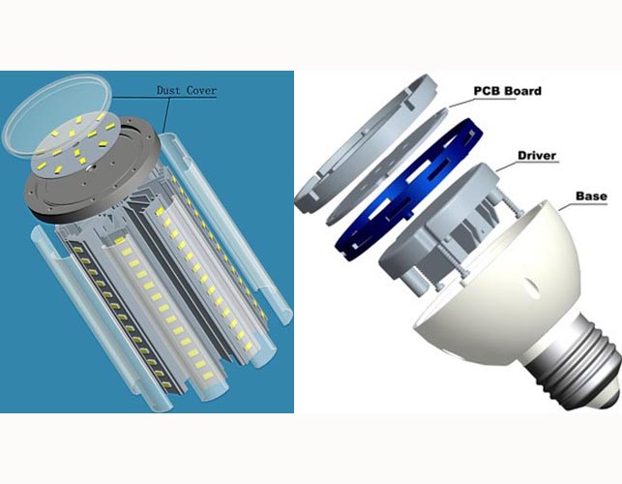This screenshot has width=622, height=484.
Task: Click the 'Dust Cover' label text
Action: point(187,91)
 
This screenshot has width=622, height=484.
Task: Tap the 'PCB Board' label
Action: point(507,91)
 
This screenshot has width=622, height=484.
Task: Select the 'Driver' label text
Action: point(537,155)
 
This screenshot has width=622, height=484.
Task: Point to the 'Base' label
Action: point(591,197)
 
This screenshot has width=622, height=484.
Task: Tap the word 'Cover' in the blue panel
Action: point(201,91)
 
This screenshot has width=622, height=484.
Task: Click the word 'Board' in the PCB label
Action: point(523,91)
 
